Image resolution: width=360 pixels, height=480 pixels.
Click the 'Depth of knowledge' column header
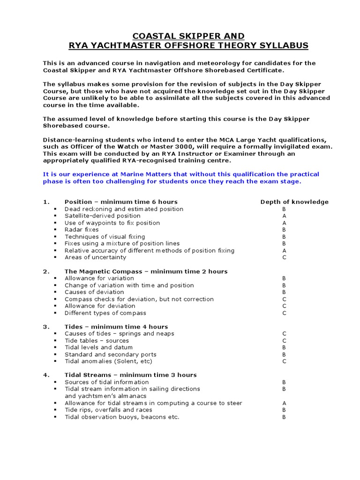(294, 202)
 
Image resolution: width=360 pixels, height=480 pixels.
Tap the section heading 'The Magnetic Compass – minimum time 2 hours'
(146, 271)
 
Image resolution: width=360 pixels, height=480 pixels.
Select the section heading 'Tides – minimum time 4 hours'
(116, 327)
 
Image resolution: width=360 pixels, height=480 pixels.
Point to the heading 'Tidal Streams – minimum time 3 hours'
(130, 375)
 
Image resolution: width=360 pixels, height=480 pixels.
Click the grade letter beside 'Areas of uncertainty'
(284, 257)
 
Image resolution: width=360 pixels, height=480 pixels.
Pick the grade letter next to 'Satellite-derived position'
(284, 216)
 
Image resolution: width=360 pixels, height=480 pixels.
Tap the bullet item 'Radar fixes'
(82, 230)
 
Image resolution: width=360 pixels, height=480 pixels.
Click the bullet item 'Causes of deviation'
(94, 292)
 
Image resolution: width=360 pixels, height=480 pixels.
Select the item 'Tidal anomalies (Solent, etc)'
(108, 361)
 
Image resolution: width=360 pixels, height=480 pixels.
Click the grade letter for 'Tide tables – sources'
(284, 341)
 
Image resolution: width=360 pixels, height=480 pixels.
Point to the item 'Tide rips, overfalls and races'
(108, 410)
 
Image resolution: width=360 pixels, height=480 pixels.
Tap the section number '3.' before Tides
(46, 327)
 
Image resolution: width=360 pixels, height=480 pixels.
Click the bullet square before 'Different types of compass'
(55, 313)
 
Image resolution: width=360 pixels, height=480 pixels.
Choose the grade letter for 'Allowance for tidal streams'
(284, 403)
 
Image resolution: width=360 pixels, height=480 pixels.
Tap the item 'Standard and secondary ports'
(110, 354)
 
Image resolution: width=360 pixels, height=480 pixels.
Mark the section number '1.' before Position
(46, 202)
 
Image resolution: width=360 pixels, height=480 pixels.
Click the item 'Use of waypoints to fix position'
(112, 223)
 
